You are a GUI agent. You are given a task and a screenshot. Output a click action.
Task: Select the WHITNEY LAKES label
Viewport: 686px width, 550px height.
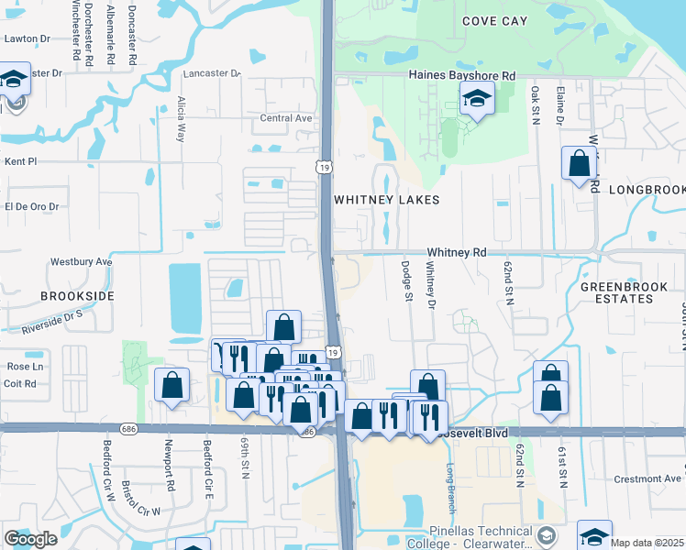point(386,200)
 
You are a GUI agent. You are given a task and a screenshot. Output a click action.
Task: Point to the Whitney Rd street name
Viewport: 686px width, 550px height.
point(456,252)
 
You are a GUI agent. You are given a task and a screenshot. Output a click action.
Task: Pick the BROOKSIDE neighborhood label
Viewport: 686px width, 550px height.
point(77,297)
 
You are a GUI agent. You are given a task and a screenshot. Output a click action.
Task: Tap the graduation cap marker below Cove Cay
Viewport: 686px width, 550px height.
point(477,98)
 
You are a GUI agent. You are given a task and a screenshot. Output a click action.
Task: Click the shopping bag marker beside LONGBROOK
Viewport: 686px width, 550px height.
point(579,164)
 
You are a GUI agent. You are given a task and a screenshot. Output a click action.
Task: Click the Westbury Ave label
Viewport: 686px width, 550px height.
point(81,261)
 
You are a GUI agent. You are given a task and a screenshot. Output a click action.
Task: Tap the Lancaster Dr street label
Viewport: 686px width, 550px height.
point(211,73)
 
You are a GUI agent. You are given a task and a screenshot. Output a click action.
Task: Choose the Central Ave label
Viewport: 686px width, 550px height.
point(286,118)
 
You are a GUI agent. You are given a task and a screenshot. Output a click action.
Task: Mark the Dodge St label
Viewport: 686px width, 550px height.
point(405,280)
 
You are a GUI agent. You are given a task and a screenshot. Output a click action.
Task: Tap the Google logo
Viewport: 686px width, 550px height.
point(31,539)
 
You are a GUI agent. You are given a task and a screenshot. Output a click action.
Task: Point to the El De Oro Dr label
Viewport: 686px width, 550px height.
point(31,207)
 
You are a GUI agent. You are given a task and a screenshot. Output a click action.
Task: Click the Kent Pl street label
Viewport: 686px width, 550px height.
point(20,161)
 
